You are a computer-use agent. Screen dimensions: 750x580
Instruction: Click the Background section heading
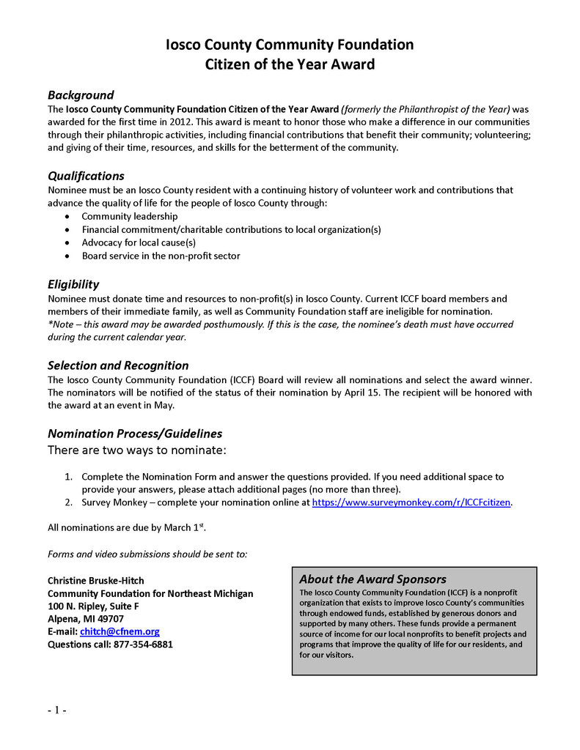click(x=81, y=95)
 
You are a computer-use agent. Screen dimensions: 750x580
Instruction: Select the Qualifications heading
click(x=86, y=176)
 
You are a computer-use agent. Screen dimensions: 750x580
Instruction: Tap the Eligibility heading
click(x=73, y=284)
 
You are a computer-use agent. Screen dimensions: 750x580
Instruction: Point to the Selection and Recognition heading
click(x=118, y=365)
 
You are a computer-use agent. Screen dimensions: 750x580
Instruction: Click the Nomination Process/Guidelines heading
click(x=135, y=434)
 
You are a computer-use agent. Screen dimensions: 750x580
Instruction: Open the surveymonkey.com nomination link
click(x=411, y=502)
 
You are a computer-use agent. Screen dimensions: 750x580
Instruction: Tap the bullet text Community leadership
click(x=129, y=216)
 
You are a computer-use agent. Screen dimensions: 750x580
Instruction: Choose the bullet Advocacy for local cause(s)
click(x=139, y=242)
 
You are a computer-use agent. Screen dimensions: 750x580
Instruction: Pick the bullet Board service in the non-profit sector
click(x=161, y=256)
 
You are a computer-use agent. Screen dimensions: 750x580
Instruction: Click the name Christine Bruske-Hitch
click(x=96, y=580)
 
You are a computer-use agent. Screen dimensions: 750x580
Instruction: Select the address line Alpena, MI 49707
click(x=86, y=619)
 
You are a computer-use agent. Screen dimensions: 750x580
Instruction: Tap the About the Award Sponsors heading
click(x=372, y=579)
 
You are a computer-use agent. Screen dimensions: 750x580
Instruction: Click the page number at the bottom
click(x=57, y=710)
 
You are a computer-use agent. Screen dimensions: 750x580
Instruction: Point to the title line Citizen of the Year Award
click(x=290, y=64)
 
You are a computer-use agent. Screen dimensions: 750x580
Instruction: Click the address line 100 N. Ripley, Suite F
click(x=93, y=606)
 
